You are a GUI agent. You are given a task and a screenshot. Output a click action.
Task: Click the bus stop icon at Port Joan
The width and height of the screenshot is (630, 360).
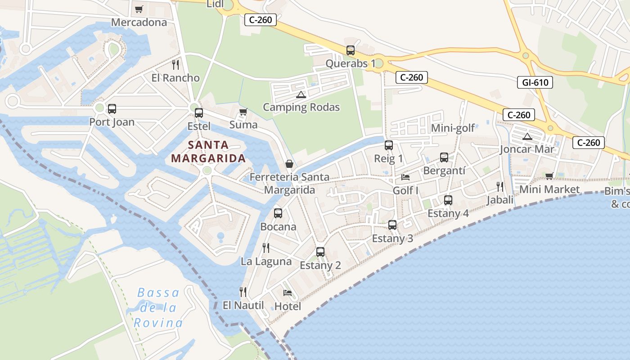[112, 108]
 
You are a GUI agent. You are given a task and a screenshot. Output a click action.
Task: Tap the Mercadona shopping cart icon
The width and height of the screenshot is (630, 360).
[139, 9]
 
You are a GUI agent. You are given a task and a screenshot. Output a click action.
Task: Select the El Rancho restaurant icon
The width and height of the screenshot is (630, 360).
[175, 65]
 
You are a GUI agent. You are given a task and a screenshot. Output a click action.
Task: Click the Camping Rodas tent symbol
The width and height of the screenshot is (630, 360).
[301, 94]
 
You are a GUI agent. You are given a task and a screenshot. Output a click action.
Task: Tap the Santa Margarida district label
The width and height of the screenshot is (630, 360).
[209, 152]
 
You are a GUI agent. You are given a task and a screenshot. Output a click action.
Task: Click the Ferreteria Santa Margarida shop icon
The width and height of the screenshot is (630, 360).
[289, 164]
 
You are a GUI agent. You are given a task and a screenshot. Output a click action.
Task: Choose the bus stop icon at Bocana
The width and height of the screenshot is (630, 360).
[278, 213]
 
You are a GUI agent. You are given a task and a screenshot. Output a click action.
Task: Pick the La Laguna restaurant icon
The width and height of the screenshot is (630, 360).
[266, 247]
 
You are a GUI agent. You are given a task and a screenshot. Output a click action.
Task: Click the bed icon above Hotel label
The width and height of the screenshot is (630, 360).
[288, 293]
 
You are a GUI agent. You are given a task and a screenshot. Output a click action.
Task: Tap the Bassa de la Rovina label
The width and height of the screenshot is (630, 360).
[158, 308]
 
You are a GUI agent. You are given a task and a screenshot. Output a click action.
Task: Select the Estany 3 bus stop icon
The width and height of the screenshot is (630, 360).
[392, 225]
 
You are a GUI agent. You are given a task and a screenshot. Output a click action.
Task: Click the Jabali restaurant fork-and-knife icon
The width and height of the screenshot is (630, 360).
[499, 186]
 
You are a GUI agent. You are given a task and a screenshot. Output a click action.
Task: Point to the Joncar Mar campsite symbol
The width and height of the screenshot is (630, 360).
[527, 136]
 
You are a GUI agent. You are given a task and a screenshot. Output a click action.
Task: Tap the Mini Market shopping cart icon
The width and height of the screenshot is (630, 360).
[549, 176]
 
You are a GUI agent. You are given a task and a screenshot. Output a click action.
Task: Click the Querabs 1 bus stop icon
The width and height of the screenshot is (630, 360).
[351, 50]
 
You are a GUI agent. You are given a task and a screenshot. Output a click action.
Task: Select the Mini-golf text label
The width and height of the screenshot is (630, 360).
[453, 128]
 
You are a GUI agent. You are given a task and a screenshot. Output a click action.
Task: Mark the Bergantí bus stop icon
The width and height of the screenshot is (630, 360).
[444, 157]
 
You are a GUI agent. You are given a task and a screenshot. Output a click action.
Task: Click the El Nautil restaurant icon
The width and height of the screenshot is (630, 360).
[243, 292]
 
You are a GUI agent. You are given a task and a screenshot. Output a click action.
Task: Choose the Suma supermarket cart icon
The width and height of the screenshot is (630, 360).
[243, 112]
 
